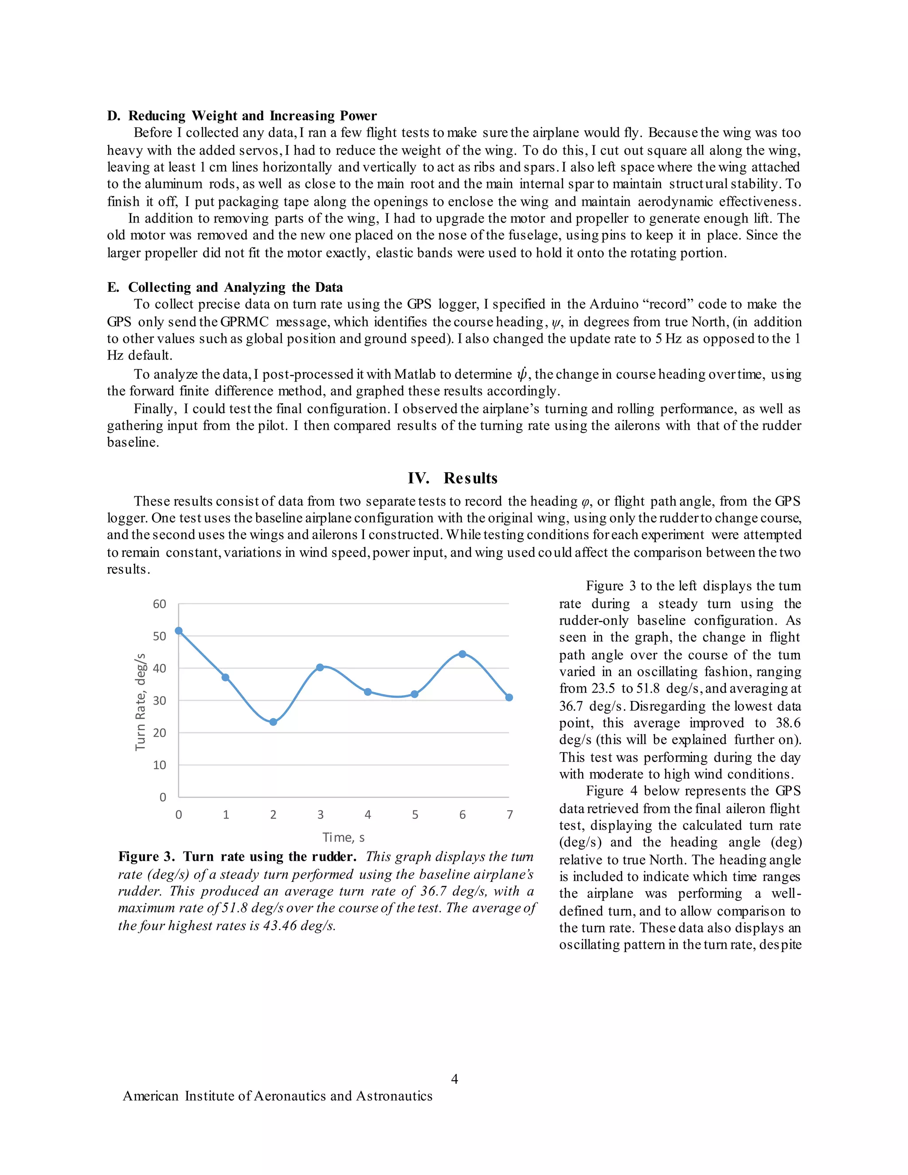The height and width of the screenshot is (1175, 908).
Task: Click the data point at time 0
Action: coord(179,631)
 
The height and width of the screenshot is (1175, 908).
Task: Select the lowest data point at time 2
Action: coord(273,722)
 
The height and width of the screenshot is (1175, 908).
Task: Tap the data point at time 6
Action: coord(462,654)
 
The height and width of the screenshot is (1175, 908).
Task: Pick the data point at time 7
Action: coord(509,698)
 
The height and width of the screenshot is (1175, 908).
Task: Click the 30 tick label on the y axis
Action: coord(160,701)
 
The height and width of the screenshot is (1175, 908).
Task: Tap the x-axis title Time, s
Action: coord(343,838)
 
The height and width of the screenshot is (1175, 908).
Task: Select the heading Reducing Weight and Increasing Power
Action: coord(252,116)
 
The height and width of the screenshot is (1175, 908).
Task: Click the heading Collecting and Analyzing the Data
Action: coord(235,287)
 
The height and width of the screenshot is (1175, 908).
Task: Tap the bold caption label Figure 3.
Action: coord(146,857)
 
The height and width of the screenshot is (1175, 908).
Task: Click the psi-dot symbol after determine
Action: coord(521,373)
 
